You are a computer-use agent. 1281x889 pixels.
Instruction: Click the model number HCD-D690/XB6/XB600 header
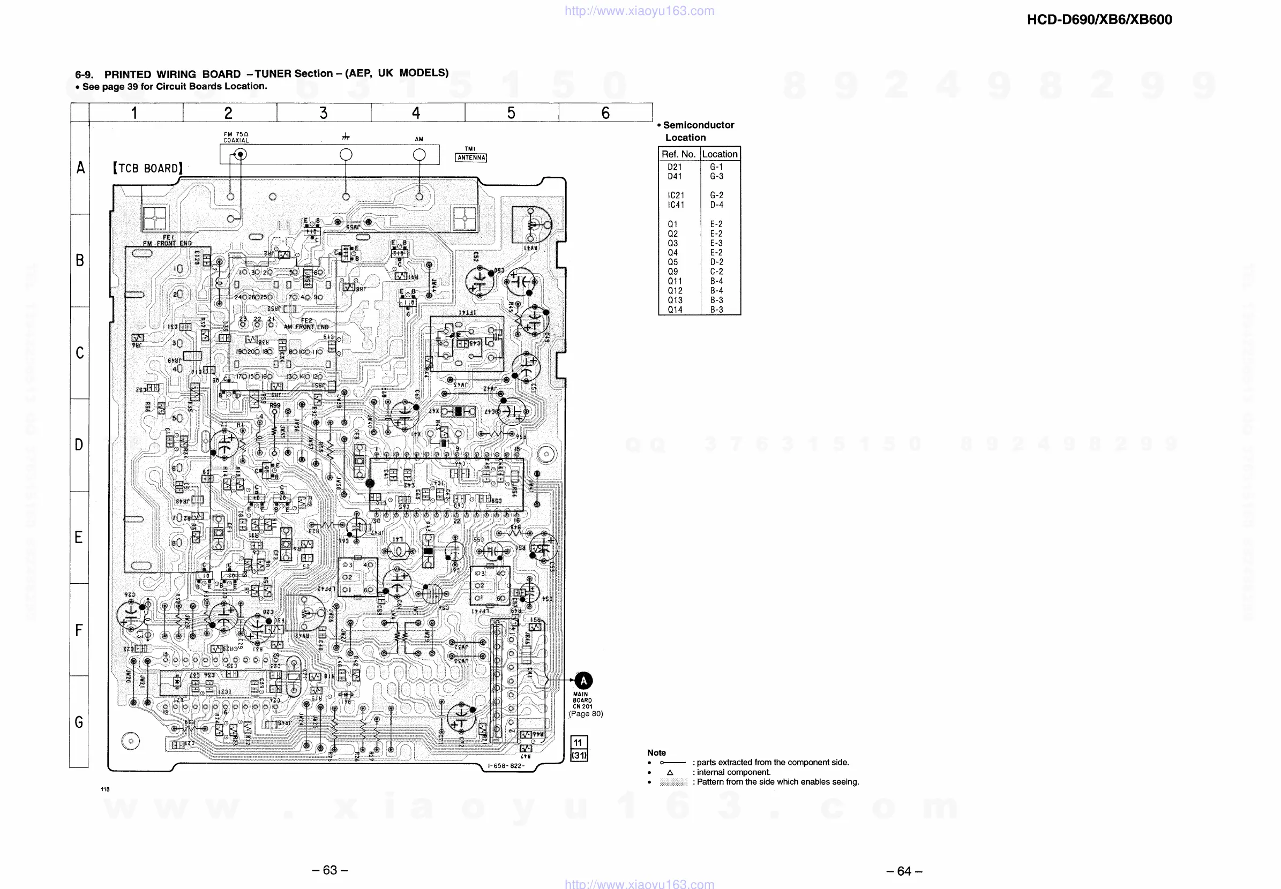point(1099,20)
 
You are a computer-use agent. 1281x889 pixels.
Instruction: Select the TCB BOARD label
point(148,168)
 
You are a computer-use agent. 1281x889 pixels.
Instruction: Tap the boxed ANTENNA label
point(471,157)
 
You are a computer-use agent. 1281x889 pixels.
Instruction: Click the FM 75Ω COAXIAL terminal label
point(236,137)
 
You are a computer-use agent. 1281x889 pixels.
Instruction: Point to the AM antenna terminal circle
point(419,155)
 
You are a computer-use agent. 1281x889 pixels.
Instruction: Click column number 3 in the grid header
point(323,113)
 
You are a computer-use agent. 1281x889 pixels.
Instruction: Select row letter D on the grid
point(79,445)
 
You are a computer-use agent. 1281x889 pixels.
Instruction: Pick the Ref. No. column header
point(678,154)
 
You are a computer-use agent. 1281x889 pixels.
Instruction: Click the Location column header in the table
point(720,154)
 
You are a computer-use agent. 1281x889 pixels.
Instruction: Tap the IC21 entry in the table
point(676,195)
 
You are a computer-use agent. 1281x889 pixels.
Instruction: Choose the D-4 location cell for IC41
point(716,205)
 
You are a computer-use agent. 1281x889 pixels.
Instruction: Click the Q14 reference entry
point(675,310)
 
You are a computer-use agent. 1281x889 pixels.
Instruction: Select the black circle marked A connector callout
point(583,681)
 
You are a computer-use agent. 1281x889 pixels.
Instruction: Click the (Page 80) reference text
point(586,713)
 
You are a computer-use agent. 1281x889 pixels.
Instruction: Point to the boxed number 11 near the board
point(579,742)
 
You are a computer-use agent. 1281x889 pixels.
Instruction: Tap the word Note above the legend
point(656,752)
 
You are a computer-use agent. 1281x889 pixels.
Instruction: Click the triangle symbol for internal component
point(670,773)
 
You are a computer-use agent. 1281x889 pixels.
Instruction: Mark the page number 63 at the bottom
point(330,870)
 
